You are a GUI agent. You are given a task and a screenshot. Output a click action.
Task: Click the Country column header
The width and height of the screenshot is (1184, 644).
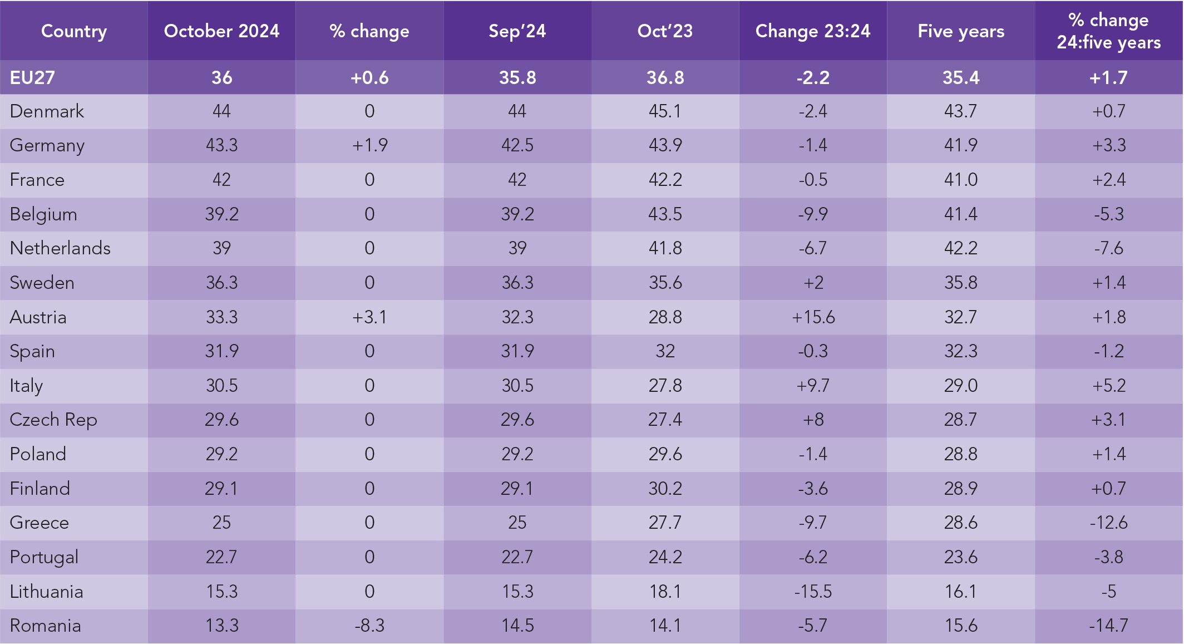click(x=74, y=31)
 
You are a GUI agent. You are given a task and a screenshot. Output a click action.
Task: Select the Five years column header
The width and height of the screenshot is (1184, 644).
click(x=961, y=31)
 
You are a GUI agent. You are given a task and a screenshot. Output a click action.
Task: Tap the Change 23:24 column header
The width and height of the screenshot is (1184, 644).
click(x=813, y=31)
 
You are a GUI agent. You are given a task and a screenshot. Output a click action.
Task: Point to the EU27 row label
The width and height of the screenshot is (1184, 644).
click(x=32, y=77)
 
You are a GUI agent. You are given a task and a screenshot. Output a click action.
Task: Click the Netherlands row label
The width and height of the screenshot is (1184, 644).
click(x=60, y=248)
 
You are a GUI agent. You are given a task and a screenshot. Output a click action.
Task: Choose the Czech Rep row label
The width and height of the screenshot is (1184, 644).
click(x=53, y=420)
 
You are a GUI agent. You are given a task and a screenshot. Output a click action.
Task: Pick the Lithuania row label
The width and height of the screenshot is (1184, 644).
click(x=47, y=591)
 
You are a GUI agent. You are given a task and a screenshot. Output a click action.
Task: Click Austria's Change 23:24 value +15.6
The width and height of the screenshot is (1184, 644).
click(x=813, y=317)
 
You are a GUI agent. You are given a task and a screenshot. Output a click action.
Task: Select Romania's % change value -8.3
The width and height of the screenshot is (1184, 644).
click(x=369, y=626)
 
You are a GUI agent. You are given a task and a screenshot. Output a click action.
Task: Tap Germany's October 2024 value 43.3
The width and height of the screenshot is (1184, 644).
click(x=221, y=145)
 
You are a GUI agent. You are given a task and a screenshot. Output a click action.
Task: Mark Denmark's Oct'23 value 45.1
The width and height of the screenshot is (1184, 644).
click(x=665, y=111)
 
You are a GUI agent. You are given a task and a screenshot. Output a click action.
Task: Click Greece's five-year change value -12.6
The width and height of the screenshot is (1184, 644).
click(x=1108, y=523)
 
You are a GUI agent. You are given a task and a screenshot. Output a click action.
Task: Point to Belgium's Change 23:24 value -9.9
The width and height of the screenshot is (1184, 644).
click(x=813, y=214)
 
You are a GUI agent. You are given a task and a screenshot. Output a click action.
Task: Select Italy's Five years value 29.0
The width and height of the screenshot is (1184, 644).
click(x=961, y=386)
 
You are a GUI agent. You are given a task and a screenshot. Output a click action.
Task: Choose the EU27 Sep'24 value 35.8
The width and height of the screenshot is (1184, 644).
click(x=517, y=77)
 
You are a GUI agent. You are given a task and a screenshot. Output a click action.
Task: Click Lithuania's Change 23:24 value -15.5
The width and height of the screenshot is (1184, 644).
click(x=813, y=591)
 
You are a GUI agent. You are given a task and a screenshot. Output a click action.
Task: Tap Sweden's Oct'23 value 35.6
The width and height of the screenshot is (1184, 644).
click(x=665, y=283)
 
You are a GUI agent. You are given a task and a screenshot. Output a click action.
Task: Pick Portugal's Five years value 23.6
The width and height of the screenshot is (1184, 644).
click(x=961, y=557)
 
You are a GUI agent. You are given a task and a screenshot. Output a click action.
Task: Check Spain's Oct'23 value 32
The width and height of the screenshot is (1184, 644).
click(x=665, y=351)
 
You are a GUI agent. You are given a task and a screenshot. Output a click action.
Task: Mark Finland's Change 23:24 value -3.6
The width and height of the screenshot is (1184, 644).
click(x=813, y=489)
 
